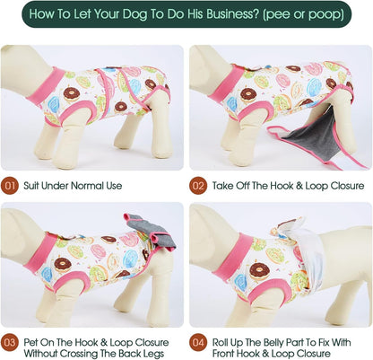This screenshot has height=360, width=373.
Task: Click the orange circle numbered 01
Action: (10, 186)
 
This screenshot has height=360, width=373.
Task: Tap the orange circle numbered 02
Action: (198, 186)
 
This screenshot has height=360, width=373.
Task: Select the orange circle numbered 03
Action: (10, 342)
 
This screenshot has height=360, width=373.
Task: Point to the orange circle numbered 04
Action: (198, 342)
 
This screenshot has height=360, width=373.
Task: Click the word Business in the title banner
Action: (229, 13)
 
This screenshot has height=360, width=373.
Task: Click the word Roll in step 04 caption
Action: (221, 342)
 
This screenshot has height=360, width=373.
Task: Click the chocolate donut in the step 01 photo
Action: (72, 94)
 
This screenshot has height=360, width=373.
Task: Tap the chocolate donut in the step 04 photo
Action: (259, 271)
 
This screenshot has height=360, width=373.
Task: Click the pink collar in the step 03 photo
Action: (41, 253)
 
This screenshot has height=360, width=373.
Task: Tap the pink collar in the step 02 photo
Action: (226, 83)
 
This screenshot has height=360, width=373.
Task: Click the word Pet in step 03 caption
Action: (30, 342)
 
